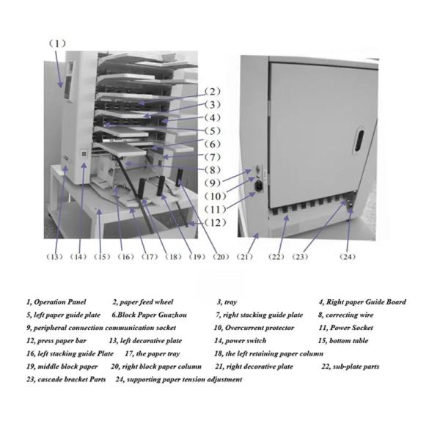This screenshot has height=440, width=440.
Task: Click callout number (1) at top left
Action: (x=58, y=43)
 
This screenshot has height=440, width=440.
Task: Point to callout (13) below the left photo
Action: (x=55, y=257)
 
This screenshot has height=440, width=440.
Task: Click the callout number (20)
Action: (x=221, y=257)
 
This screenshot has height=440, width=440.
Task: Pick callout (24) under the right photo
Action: (x=348, y=257)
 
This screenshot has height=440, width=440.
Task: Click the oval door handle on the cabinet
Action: (x=360, y=139)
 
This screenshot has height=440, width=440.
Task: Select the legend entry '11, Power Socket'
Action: (x=345, y=328)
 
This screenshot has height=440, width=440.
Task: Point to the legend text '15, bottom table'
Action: (x=343, y=341)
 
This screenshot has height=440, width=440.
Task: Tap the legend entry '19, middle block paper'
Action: (x=62, y=367)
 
